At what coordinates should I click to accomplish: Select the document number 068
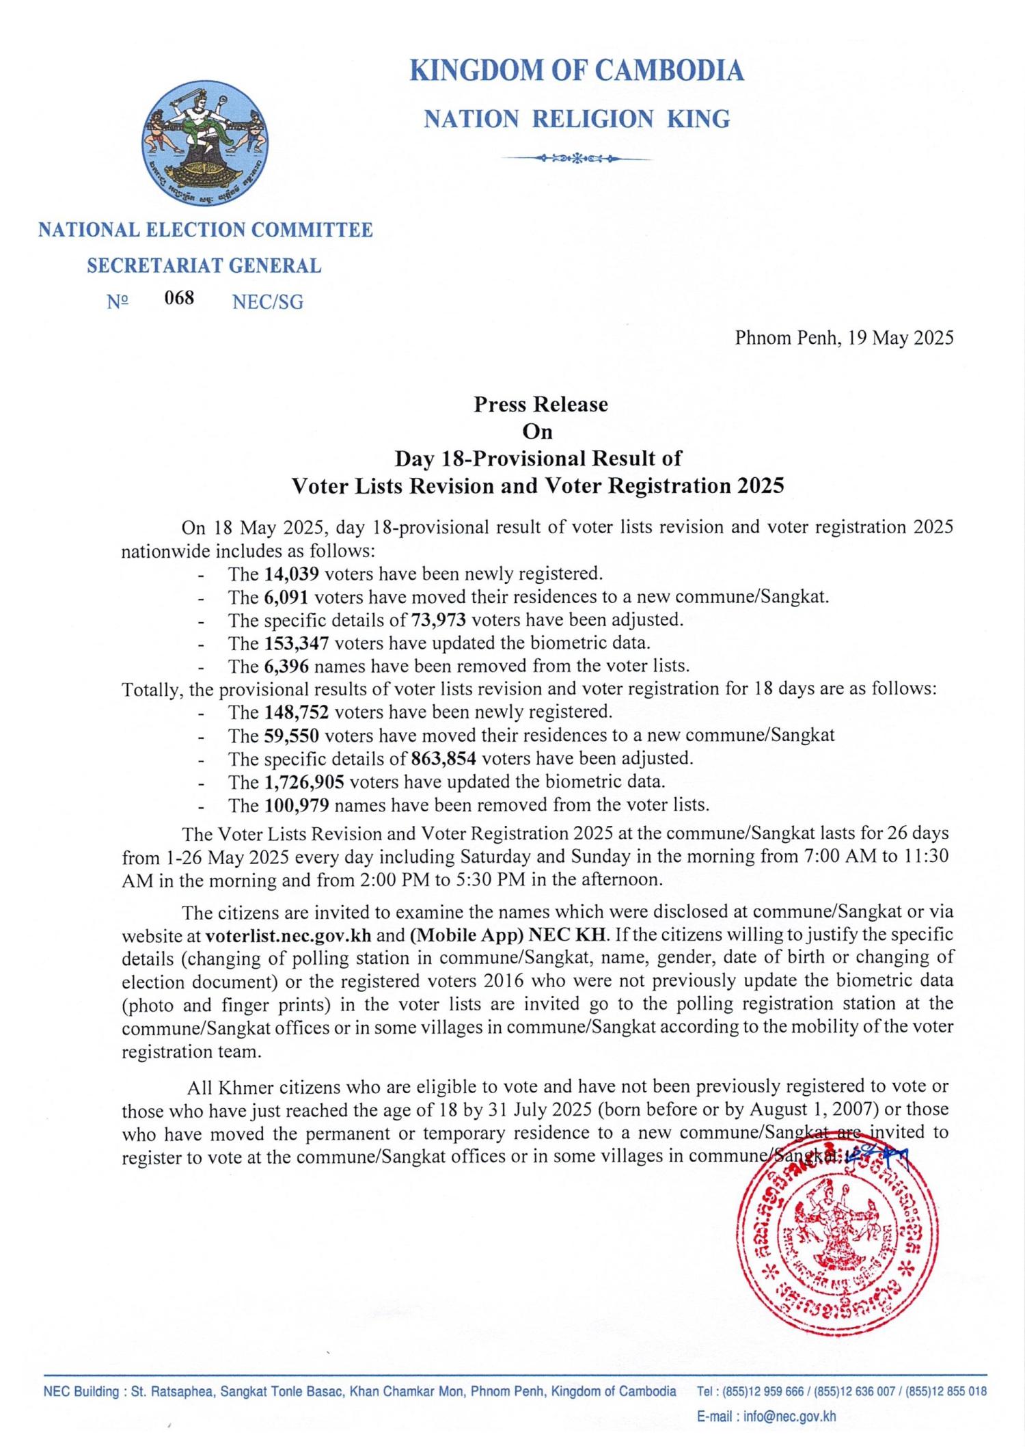(x=179, y=298)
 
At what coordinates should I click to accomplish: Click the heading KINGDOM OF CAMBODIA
(x=576, y=71)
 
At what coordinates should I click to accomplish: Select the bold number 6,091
(x=286, y=597)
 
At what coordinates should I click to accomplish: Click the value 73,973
(x=439, y=620)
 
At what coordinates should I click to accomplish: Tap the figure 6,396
(x=286, y=666)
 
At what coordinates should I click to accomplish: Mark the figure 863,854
(x=444, y=759)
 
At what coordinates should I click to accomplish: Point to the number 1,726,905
(x=305, y=782)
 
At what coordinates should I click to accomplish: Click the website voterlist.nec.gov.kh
(x=288, y=935)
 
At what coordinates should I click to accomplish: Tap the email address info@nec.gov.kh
(x=789, y=1417)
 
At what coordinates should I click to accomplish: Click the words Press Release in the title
(x=541, y=405)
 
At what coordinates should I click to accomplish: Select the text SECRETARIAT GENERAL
(x=204, y=266)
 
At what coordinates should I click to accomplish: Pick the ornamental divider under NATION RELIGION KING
(x=576, y=159)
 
